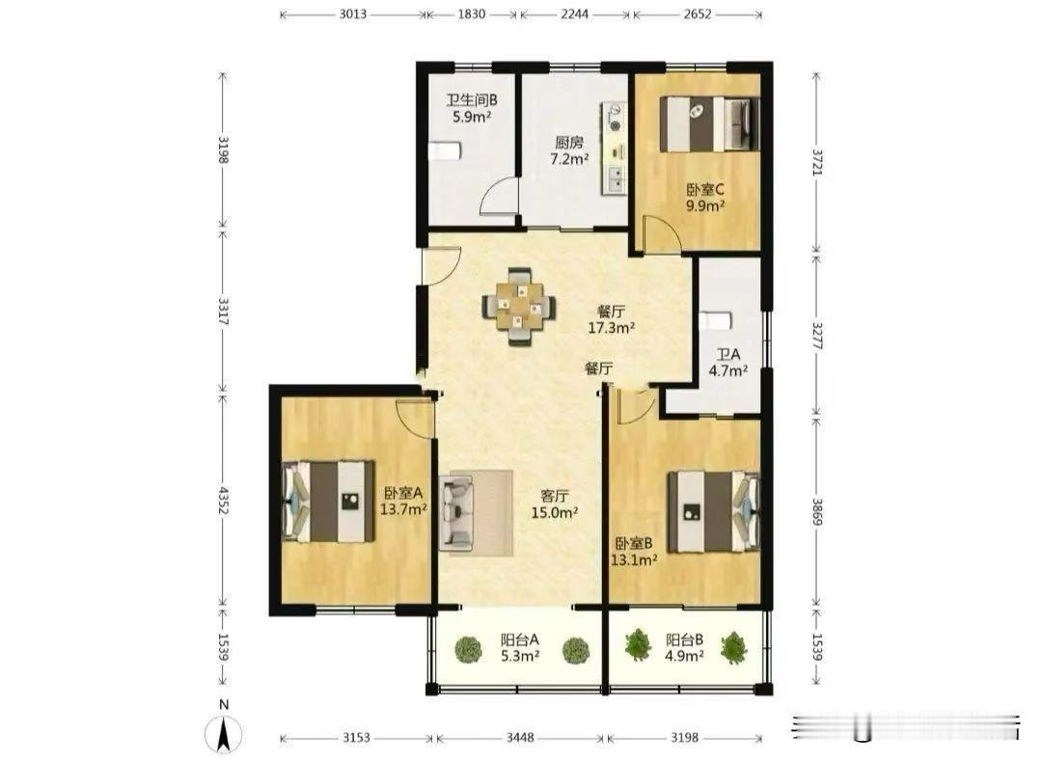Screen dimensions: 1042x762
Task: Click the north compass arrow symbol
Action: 223,735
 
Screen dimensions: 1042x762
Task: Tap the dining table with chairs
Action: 519,307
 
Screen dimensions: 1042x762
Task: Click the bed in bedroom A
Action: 328,502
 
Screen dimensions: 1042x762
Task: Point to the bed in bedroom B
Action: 714,511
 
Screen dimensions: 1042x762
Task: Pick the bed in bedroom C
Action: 709,124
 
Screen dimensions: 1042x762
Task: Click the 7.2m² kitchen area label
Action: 569,159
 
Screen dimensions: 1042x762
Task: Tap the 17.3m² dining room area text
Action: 611,328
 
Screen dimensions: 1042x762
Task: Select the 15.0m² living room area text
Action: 554,512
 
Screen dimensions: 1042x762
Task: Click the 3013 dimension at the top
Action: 353,14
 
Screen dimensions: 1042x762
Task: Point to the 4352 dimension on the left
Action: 223,500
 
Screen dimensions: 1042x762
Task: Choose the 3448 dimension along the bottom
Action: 520,738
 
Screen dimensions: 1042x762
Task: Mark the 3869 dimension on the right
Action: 817,511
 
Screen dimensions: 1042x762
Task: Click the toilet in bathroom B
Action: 443,150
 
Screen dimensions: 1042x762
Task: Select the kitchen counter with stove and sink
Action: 614,149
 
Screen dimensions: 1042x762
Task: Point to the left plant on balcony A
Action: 469,649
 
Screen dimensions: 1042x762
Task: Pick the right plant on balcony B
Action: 733,647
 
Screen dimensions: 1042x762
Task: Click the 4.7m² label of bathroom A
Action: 727,370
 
